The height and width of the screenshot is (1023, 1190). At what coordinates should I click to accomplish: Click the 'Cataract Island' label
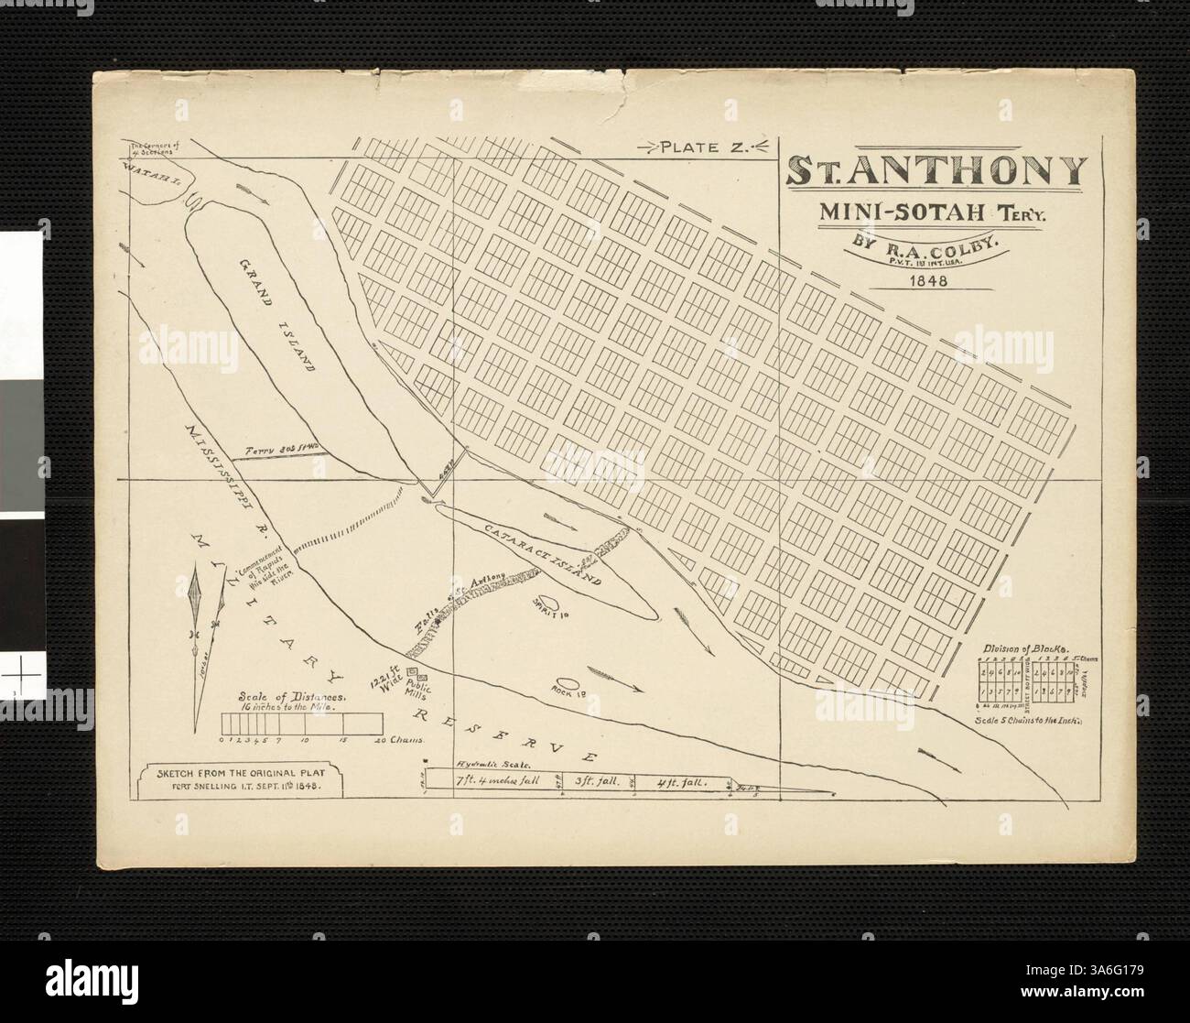546,557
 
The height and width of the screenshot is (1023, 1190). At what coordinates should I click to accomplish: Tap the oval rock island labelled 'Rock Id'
565,683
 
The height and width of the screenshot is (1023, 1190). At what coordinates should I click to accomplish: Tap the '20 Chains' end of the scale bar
401,738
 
